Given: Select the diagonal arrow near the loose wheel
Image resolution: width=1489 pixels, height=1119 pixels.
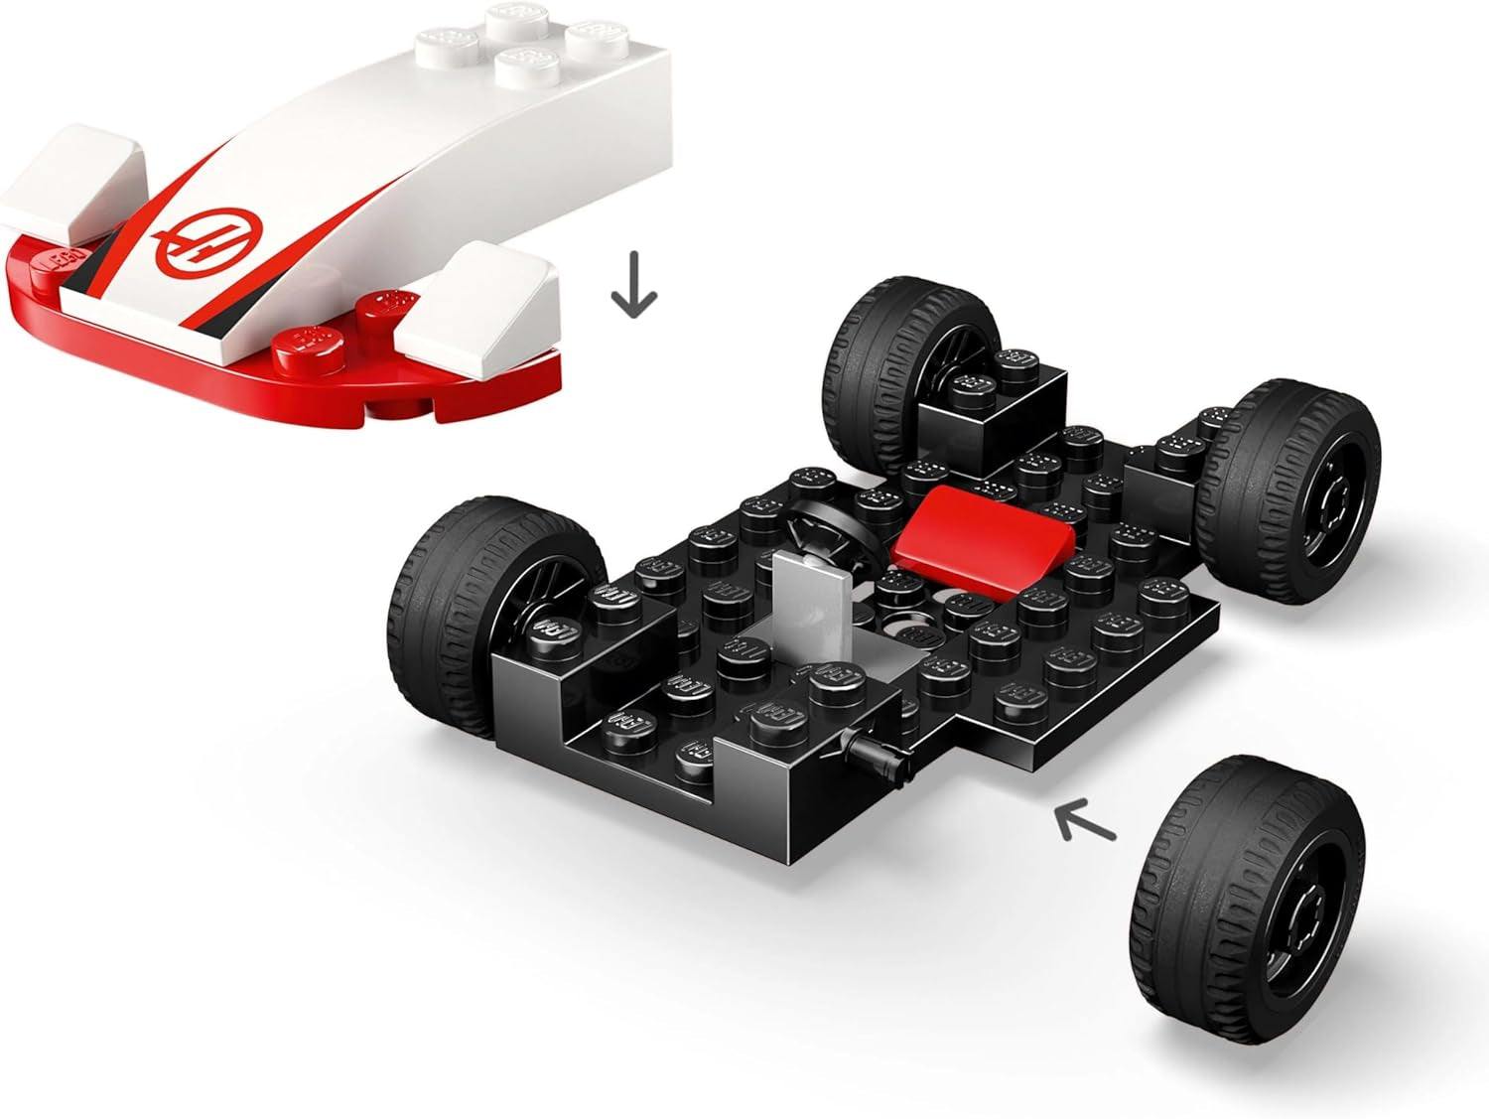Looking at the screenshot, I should (x=1085, y=821).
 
